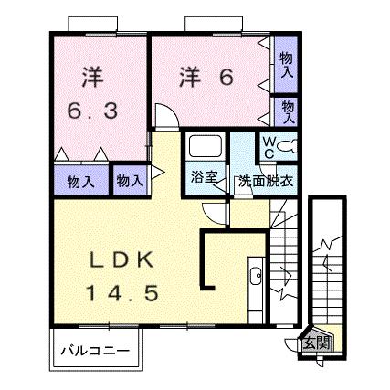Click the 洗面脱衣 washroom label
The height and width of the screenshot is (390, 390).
coord(265,180)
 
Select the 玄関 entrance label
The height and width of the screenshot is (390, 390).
coord(318,343)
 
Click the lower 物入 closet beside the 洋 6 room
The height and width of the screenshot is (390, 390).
coord(287,111)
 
